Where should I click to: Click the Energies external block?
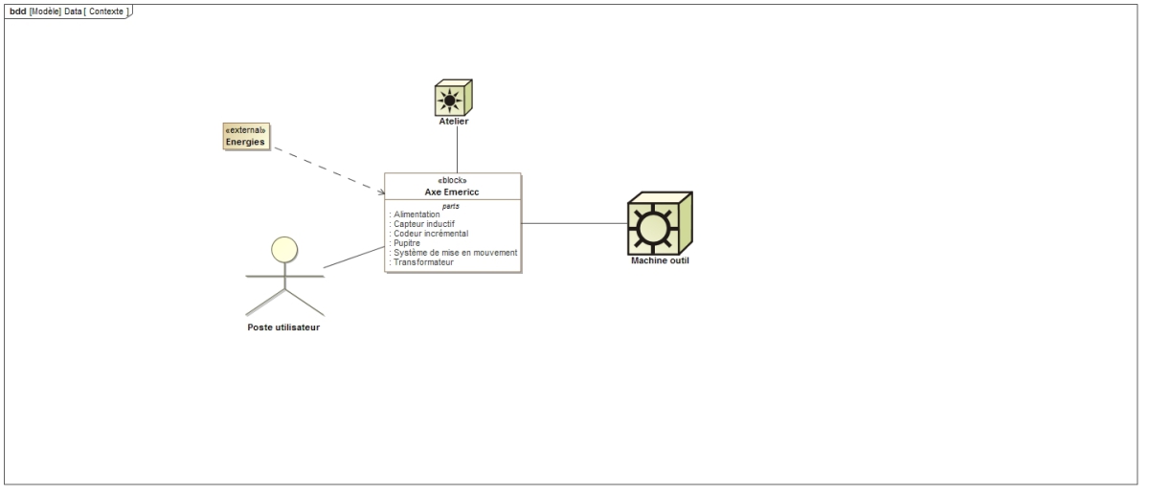246,136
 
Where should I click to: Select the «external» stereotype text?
246,129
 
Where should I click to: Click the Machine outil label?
660,260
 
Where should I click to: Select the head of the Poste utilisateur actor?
284,249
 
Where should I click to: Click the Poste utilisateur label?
284,327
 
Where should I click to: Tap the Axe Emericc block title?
453,192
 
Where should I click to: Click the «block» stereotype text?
453,180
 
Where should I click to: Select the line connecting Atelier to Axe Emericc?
457,148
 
